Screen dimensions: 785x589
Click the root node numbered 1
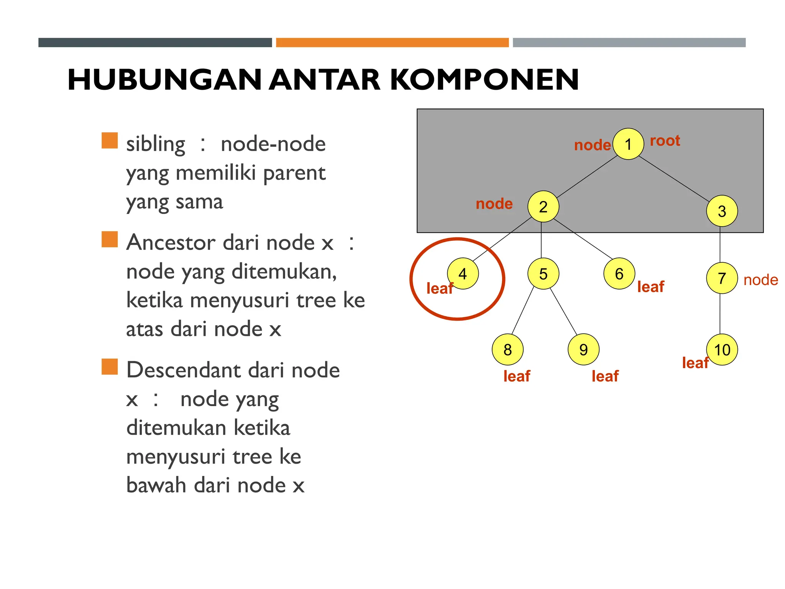pyautogui.click(x=628, y=144)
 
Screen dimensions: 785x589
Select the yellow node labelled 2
pyautogui.click(x=543, y=207)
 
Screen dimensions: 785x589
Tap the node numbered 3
pyautogui.click(x=722, y=211)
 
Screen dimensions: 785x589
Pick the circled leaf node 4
pyautogui.click(x=463, y=273)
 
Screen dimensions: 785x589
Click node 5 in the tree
pyautogui.click(x=543, y=274)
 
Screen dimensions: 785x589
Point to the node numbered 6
pyautogui.click(x=619, y=274)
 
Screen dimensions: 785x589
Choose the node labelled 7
pyautogui.click(x=722, y=278)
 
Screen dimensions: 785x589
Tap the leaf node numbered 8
pyautogui.click(x=507, y=349)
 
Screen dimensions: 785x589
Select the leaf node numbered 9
pyautogui.click(x=583, y=349)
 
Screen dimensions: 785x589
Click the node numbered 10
pyautogui.click(x=722, y=349)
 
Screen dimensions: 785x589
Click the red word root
pyautogui.click(x=665, y=141)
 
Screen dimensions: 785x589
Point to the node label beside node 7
pyautogui.click(x=760, y=280)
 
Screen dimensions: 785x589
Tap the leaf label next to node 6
pyautogui.click(x=650, y=287)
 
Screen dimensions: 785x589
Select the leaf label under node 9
pyautogui.click(x=605, y=376)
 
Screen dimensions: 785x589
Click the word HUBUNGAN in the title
pyautogui.click(x=165, y=80)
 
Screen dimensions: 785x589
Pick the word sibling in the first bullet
pyautogui.click(x=156, y=144)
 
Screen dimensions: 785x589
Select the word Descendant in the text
pyautogui.click(x=186, y=370)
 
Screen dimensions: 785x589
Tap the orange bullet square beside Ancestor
pyautogui.click(x=110, y=239)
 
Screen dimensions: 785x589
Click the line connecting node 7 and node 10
pyautogui.click(x=720, y=314)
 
